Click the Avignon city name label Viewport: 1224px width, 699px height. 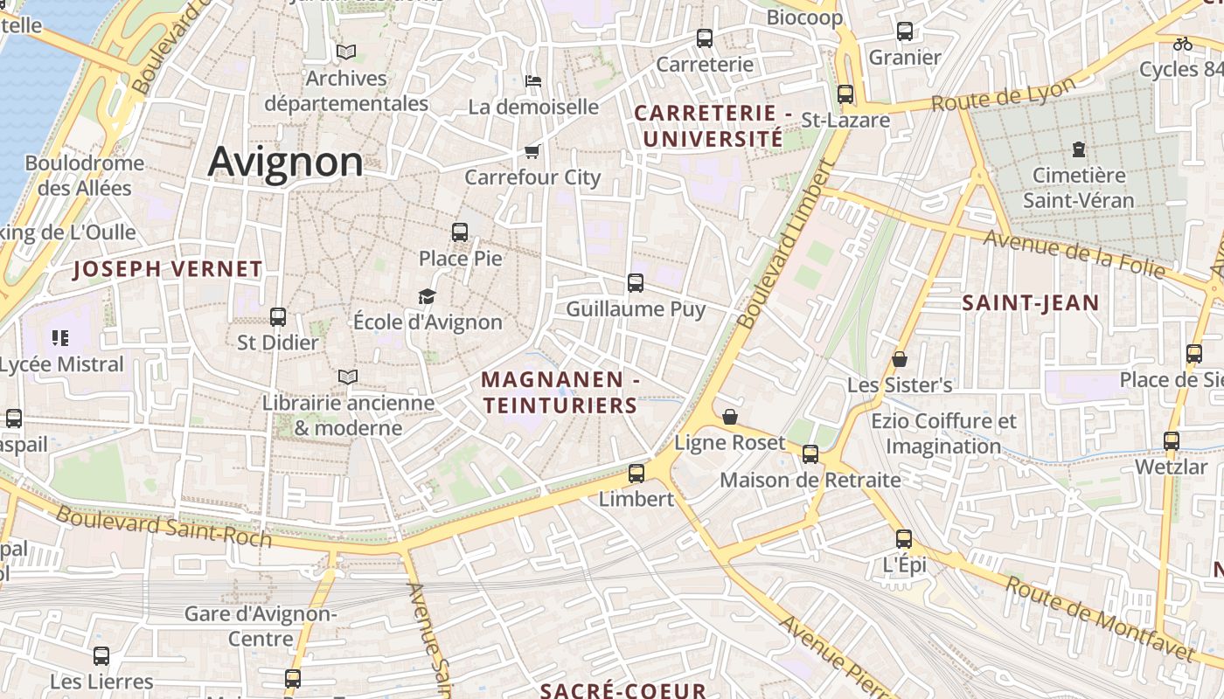point(285,163)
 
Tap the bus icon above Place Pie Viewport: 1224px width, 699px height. point(460,232)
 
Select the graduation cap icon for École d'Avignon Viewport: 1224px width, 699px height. point(427,297)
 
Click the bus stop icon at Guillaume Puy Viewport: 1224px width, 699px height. point(636,283)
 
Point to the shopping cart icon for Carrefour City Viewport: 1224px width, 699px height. point(532,152)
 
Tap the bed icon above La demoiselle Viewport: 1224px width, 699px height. point(533,81)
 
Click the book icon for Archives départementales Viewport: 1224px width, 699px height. point(346,52)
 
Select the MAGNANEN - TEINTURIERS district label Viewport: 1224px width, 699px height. point(560,393)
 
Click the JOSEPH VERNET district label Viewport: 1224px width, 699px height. point(168,269)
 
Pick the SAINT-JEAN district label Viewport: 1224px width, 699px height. point(1031,303)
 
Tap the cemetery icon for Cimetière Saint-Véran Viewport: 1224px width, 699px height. point(1079,149)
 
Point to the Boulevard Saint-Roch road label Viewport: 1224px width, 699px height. point(163,526)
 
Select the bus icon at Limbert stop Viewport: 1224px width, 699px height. point(636,474)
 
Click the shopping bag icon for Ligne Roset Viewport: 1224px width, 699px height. point(730,417)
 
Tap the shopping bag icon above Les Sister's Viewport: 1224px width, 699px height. point(899,359)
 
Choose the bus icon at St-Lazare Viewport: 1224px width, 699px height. point(845,94)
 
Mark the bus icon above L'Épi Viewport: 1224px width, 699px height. point(904,539)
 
